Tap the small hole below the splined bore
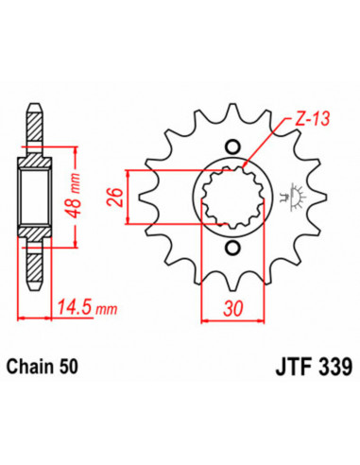232,249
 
